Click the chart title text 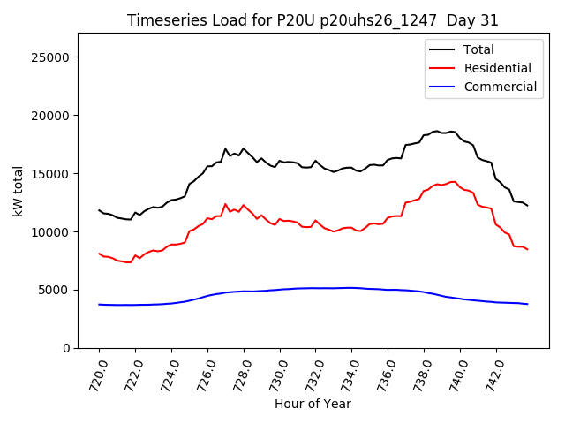tap(313, 20)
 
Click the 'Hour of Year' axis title tap(313, 404)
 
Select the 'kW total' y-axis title tap(18, 191)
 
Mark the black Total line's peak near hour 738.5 tap(436, 131)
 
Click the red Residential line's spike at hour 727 tap(225, 204)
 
